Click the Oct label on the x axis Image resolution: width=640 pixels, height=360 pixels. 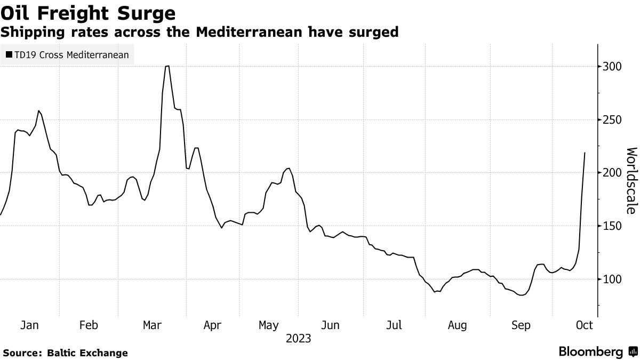(x=585, y=325)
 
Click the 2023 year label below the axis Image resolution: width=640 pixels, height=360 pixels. (x=299, y=339)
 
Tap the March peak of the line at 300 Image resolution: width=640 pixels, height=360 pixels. (x=167, y=66)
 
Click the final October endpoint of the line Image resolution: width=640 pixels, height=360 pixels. (x=585, y=153)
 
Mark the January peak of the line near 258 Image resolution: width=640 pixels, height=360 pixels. (x=39, y=111)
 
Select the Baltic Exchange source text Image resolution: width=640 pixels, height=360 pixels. (x=87, y=353)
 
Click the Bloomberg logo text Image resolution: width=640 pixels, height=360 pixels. (x=591, y=352)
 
